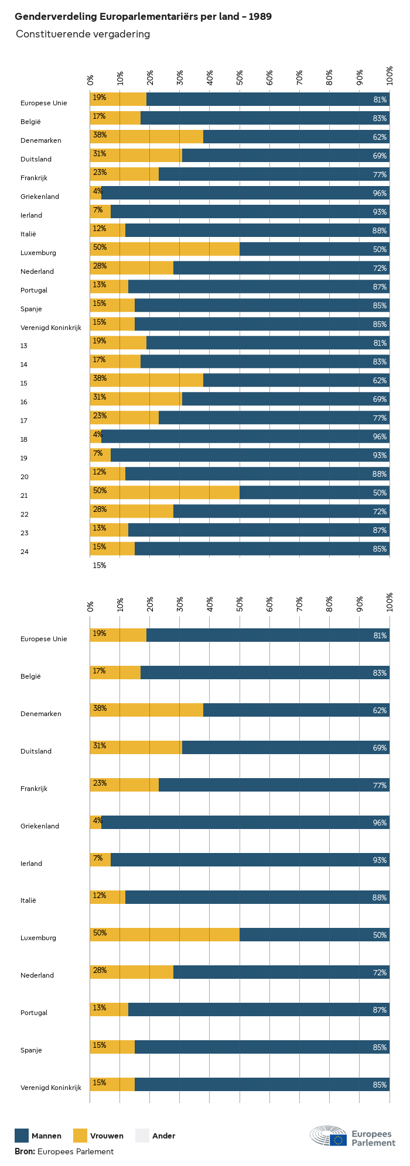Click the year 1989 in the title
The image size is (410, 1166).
click(x=259, y=16)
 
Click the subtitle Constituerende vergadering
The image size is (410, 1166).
click(x=83, y=34)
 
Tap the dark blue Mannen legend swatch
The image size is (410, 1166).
click(x=22, y=1135)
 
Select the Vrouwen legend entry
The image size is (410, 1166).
click(x=107, y=1136)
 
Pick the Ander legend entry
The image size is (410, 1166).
click(x=163, y=1136)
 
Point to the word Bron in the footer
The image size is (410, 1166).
click(x=25, y=1151)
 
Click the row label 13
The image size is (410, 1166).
click(x=24, y=346)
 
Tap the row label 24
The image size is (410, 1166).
click(x=24, y=552)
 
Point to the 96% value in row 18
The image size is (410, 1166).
click(x=380, y=436)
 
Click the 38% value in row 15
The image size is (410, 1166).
click(x=100, y=379)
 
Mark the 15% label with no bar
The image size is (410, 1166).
click(x=100, y=566)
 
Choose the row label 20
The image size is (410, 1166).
click(x=24, y=477)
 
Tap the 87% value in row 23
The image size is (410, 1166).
click(x=380, y=530)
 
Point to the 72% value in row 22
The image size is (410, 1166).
click(x=380, y=511)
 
